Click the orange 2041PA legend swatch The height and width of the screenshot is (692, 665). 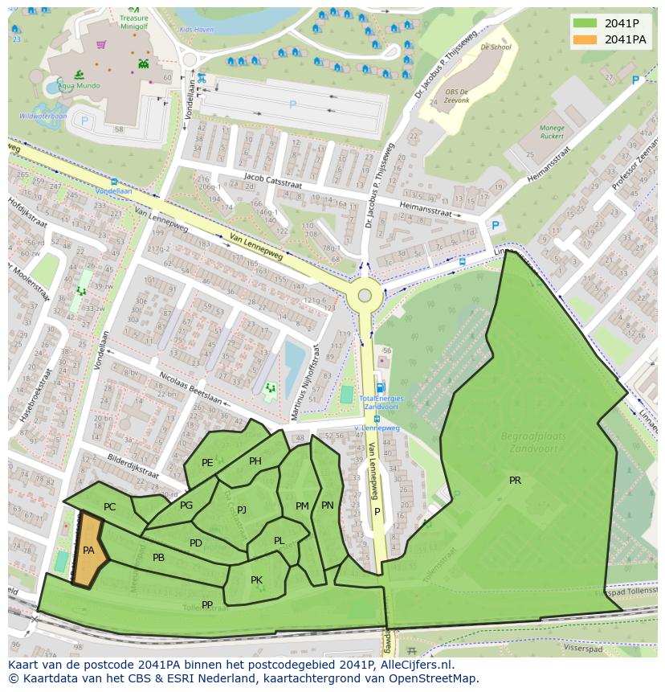tap(586, 39)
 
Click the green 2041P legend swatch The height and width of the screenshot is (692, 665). tap(586, 23)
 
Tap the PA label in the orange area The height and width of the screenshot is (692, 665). tap(88, 551)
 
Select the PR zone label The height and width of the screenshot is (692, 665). tap(515, 481)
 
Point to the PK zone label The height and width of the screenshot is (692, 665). tap(256, 580)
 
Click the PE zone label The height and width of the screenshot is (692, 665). tap(207, 462)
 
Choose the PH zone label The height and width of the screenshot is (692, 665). tap(255, 461)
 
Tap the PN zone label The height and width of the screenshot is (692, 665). tap(327, 506)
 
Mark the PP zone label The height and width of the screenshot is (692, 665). tap(207, 605)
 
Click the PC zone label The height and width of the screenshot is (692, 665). tap(110, 507)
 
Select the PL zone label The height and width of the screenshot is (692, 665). tap(279, 541)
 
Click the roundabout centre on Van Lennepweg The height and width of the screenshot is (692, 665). tap(365, 295)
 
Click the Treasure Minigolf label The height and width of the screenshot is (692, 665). tap(133, 20)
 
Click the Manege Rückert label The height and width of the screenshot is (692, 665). tap(551, 132)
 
